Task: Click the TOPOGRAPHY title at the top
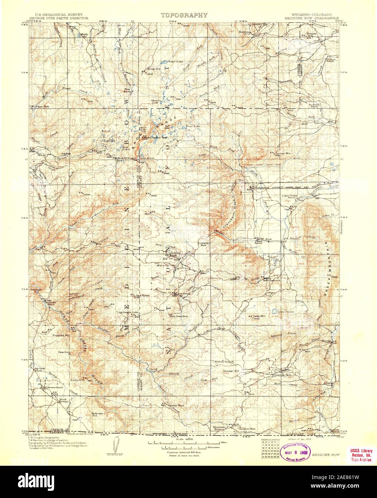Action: point(184,15)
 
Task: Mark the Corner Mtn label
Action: point(283,153)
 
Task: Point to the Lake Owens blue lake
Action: point(276,311)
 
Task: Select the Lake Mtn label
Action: point(259,316)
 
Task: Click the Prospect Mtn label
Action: point(60,336)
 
